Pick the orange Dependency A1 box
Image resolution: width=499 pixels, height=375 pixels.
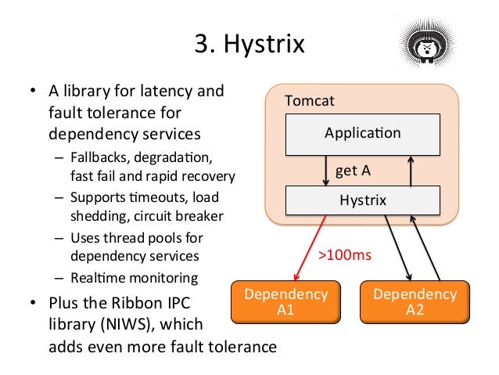pos(286,301)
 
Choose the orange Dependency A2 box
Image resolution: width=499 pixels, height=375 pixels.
pos(415,301)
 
